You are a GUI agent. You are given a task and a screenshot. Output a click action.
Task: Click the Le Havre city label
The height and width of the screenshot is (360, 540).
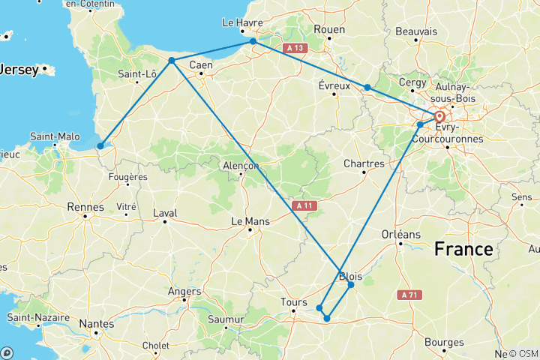[x=242, y=23]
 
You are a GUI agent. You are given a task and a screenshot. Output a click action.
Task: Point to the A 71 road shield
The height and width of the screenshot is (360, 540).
[x=409, y=295]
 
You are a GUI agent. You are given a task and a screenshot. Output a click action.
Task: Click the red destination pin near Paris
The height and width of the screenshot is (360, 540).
[x=439, y=117]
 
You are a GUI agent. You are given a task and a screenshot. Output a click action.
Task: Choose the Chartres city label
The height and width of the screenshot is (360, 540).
[x=364, y=163]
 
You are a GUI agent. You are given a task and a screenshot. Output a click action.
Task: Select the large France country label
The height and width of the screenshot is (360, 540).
[x=466, y=249]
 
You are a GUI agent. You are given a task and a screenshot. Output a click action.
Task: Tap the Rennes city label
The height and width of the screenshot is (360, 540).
[x=86, y=207]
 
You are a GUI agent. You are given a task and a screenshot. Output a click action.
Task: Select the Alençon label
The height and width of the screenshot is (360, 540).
[x=241, y=166]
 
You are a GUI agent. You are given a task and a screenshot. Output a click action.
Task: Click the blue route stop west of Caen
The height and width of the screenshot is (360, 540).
[x=172, y=60]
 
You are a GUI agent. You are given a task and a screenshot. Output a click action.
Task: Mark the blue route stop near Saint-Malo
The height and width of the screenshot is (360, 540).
[x=100, y=146]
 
